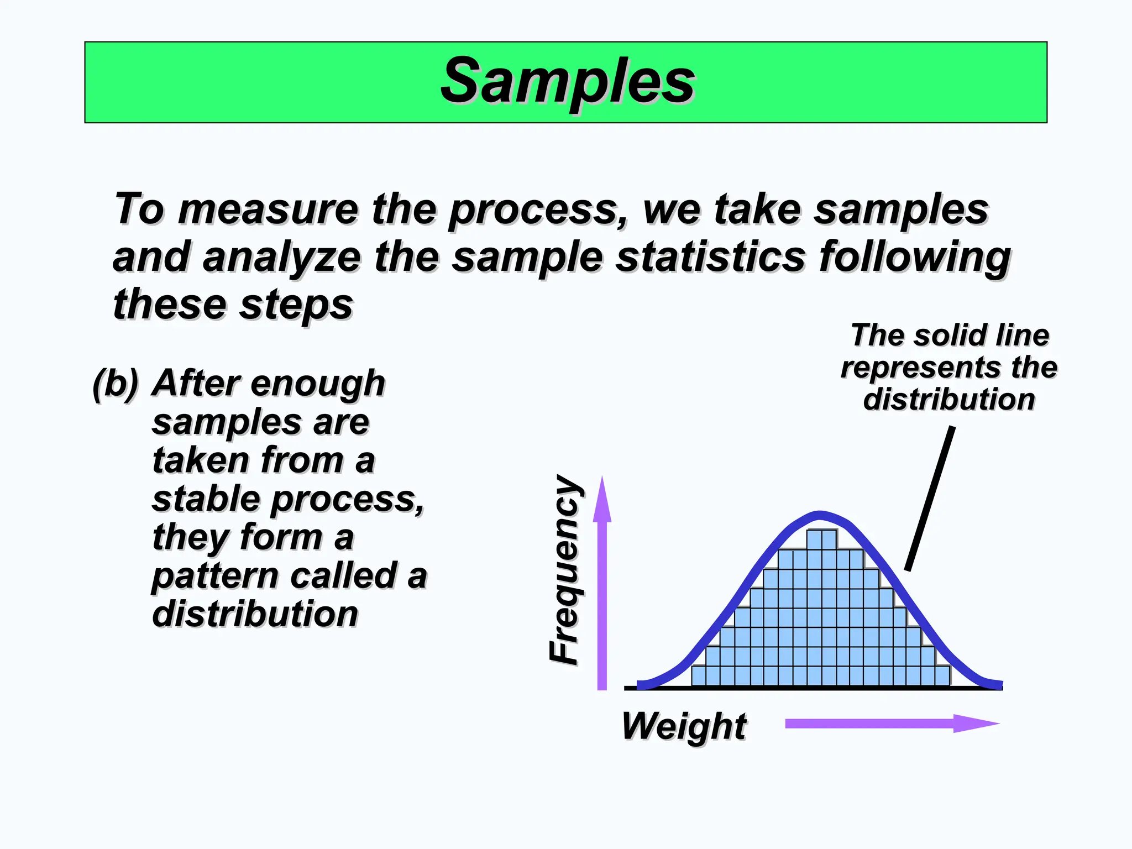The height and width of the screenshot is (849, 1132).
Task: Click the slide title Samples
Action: pyautogui.click(x=567, y=82)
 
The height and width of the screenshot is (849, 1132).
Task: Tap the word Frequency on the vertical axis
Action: pyautogui.click(x=565, y=569)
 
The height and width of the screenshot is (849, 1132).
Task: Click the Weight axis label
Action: pyautogui.click(x=684, y=726)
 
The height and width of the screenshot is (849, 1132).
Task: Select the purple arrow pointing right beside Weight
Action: pyautogui.click(x=891, y=724)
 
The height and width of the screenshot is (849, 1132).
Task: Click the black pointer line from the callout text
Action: pyautogui.click(x=930, y=497)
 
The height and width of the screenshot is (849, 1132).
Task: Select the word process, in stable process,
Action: pyautogui.click(x=348, y=499)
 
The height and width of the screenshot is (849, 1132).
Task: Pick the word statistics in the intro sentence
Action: pyautogui.click(x=711, y=257)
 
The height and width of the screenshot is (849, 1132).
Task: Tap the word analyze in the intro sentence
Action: pyautogui.click(x=282, y=258)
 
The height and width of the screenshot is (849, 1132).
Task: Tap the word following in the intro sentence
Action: pyautogui.click(x=915, y=258)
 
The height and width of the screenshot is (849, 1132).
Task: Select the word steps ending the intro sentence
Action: pyautogui.click(x=296, y=305)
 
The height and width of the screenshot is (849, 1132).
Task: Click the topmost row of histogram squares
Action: pyautogui.click(x=821, y=539)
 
